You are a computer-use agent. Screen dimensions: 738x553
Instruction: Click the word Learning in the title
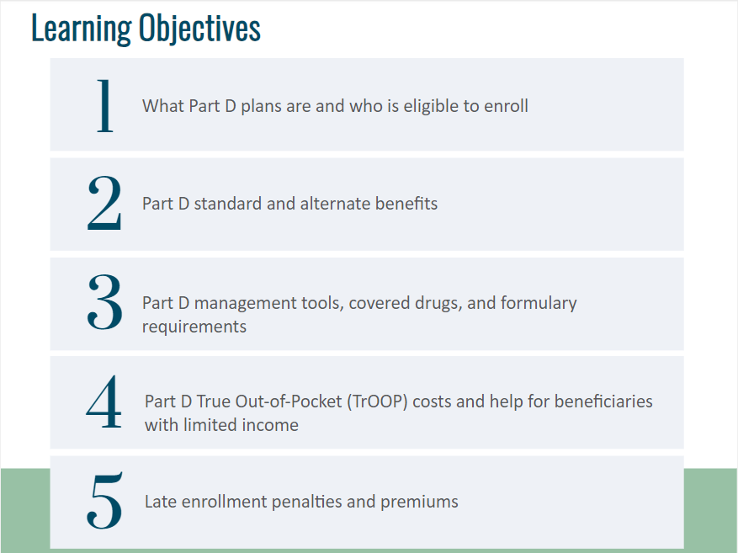(82, 29)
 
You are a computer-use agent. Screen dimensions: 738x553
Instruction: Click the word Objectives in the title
(199, 29)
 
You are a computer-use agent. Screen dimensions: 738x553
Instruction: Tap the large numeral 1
(104, 105)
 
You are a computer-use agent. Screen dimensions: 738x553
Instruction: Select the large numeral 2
(104, 203)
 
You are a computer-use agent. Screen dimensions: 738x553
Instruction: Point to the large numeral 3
(104, 301)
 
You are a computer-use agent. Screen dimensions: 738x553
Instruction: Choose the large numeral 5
(104, 500)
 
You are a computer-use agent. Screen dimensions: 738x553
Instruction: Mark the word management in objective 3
(245, 304)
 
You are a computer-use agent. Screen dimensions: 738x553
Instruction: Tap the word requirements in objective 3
(194, 327)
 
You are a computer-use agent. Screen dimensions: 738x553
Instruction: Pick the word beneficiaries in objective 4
(603, 401)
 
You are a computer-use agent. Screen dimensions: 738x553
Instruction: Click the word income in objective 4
(269, 425)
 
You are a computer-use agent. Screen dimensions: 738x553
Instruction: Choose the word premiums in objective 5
(419, 502)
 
